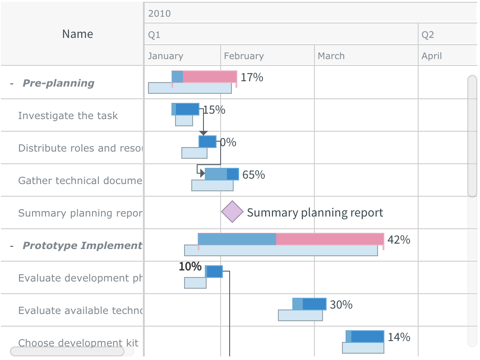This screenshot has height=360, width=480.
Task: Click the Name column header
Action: click(x=77, y=34)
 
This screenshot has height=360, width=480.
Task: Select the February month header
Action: click(x=244, y=56)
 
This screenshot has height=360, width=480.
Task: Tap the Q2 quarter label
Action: click(x=427, y=35)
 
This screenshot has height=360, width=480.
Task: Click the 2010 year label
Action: click(x=159, y=14)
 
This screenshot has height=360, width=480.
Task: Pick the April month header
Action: click(x=431, y=56)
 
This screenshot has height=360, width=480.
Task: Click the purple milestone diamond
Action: click(x=233, y=212)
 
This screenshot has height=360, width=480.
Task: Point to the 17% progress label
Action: click(x=252, y=77)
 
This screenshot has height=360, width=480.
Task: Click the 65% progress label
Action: click(x=254, y=175)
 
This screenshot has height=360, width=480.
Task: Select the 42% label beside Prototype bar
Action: click(x=399, y=240)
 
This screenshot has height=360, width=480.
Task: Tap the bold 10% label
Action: click(x=190, y=267)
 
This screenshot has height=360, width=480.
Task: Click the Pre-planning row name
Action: click(x=58, y=83)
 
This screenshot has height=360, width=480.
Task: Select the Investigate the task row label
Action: click(x=68, y=115)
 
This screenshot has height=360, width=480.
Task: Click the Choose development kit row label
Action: click(x=78, y=343)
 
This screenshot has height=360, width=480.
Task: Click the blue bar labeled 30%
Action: click(x=309, y=304)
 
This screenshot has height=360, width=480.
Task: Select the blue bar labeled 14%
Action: click(x=365, y=337)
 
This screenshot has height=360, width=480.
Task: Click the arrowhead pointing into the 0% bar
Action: click(x=203, y=133)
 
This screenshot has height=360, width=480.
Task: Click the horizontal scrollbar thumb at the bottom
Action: click(x=67, y=351)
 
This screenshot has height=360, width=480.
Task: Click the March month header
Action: click(x=331, y=56)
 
